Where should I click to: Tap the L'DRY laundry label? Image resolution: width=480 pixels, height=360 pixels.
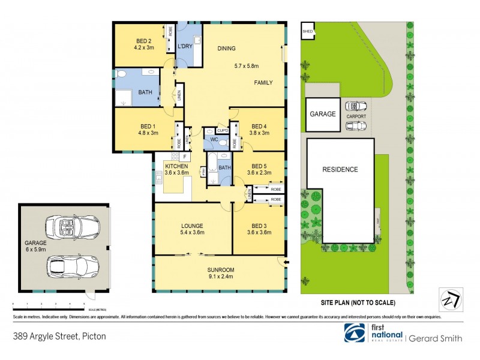click(x=184, y=46)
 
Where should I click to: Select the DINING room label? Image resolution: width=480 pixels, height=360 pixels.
click(x=227, y=49)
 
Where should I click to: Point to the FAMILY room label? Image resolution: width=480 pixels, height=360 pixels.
click(x=263, y=82)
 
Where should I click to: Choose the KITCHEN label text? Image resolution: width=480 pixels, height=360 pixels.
click(x=176, y=166)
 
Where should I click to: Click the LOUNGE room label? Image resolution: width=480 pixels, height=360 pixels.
click(x=193, y=226)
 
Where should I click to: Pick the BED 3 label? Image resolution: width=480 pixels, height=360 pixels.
click(x=260, y=226)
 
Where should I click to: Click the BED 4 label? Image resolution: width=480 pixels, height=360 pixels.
click(x=259, y=126)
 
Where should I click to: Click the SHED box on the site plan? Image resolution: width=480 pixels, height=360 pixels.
click(x=308, y=31)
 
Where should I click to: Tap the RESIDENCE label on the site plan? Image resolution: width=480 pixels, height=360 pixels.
click(x=340, y=170)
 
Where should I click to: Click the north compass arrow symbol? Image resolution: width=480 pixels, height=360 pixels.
click(x=449, y=298)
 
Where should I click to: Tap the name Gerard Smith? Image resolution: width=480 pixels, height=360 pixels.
click(x=436, y=338)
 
